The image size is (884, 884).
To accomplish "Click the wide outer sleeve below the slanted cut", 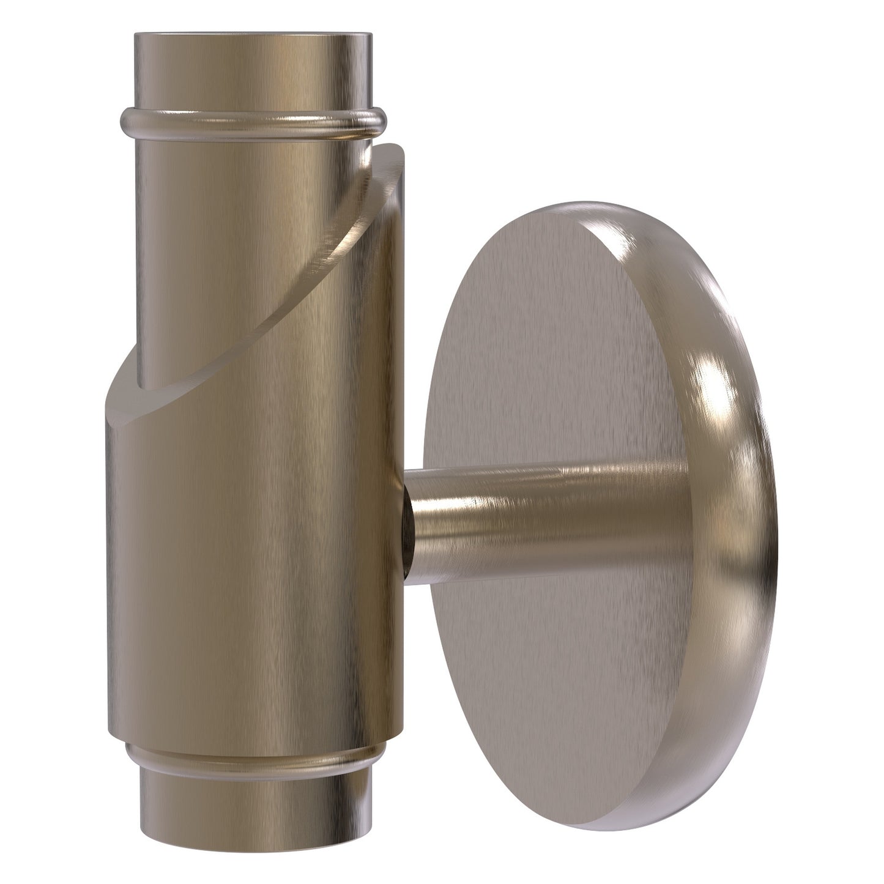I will (x=257, y=551).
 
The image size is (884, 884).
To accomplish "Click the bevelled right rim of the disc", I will (x=734, y=520).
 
